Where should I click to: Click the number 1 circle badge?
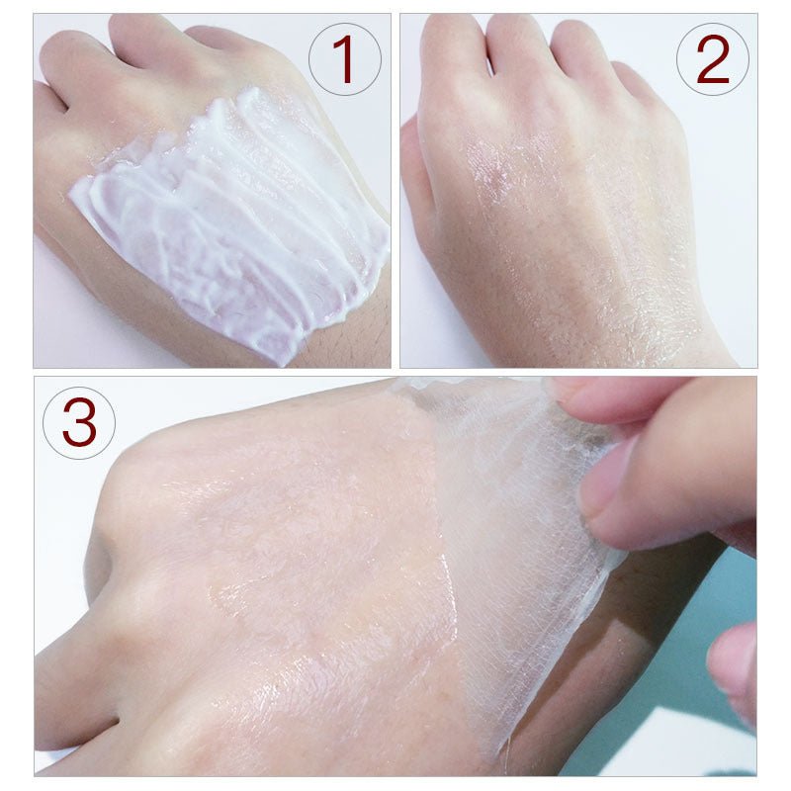pos(343,59)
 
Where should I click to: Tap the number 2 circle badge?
pos(712,59)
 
